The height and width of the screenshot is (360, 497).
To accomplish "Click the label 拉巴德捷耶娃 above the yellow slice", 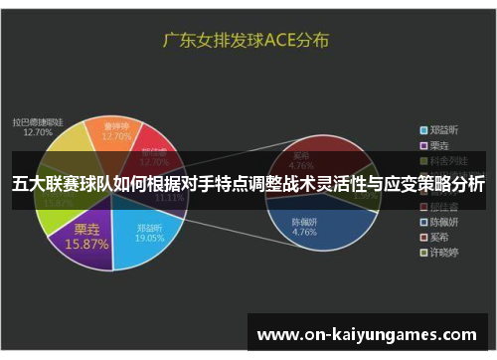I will [38, 120].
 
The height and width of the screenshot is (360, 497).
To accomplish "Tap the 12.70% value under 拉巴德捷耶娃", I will [38, 131].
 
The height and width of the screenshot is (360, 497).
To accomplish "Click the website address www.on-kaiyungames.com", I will [367, 334].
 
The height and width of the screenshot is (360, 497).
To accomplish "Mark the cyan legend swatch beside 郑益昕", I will [422, 129].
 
